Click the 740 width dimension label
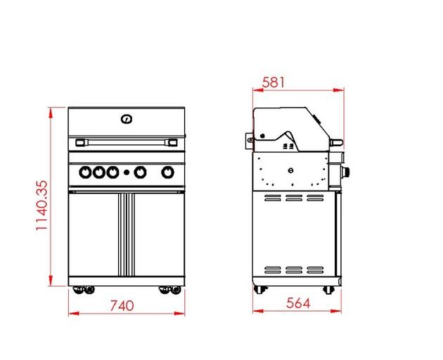point(122,305)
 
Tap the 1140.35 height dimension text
point(42,205)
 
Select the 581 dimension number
point(274,82)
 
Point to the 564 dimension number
point(298,303)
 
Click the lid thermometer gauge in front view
point(127,119)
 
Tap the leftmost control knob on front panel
point(85,172)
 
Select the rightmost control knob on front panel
point(167,172)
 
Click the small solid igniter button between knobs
point(127,172)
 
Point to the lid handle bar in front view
point(127,142)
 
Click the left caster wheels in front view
point(84,290)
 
